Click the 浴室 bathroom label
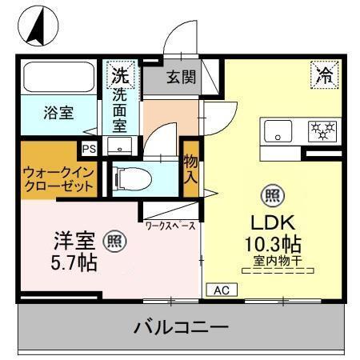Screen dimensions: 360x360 (58, 113)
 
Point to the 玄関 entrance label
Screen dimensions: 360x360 (180, 78)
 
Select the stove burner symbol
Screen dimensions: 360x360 (324, 129)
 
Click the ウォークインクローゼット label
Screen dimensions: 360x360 (58, 178)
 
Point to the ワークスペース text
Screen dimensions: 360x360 (171, 226)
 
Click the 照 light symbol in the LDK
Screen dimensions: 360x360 (271, 194)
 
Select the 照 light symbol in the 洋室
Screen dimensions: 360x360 (117, 238)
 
